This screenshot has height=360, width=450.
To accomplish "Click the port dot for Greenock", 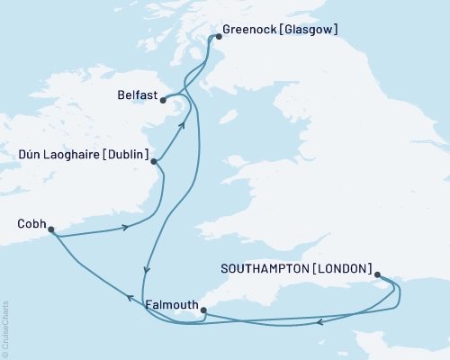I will coord(216,38).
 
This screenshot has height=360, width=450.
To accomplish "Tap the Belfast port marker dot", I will coord(164,101).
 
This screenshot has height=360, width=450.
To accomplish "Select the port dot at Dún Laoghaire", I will coord(155,162).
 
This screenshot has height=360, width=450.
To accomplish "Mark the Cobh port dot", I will coord(51,229).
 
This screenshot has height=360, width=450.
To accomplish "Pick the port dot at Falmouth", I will coord(203,310).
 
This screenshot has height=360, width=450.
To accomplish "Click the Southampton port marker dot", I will coord(377,275).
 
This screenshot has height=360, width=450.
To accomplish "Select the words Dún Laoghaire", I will coord(60,155).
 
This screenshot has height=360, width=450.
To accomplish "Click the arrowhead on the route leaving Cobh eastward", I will coord(125,228).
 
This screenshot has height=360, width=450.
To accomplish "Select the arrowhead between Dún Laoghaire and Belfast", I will coord(182,125).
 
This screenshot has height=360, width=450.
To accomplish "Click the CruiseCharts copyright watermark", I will coord(5,329).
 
